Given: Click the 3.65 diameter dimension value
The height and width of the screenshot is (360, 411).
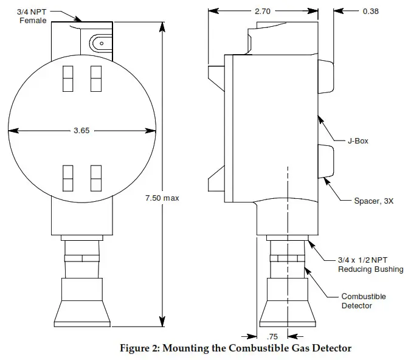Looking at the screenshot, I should (81, 131).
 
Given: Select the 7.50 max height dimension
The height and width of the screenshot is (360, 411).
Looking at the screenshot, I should (162, 198).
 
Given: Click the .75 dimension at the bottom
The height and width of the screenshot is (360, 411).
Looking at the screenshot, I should (272, 336).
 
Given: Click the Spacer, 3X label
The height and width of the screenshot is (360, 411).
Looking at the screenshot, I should (373, 201).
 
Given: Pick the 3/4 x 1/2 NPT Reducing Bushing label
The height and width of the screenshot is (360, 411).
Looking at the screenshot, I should (370, 265).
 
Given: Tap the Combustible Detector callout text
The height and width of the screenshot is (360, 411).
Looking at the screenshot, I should (364, 301).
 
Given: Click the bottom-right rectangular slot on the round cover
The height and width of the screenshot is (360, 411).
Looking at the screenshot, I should (95, 178).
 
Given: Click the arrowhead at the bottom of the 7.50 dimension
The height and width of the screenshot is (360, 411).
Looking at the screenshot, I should (162, 322).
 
